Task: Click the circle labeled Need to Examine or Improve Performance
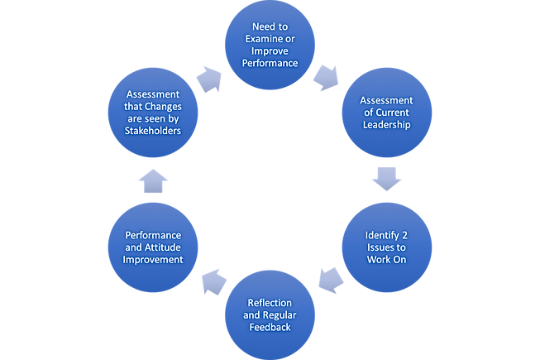tap(270, 45)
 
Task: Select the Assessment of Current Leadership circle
tap(387, 113)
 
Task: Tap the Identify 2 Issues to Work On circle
tap(387, 247)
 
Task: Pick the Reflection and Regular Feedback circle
tap(270, 314)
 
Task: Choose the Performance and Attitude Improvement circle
tap(153, 247)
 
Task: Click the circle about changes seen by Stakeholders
tap(153, 113)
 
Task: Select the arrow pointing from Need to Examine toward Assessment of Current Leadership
tap(326, 78)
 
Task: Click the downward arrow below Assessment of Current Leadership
tap(387, 179)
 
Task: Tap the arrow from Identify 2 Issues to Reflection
tap(331, 280)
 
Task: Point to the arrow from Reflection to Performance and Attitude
tap(214, 282)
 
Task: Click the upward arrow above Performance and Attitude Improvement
tap(153, 181)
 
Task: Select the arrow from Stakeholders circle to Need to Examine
tap(209, 79)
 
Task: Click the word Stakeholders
tap(152, 131)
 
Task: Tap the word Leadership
tap(387, 125)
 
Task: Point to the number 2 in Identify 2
tap(404, 235)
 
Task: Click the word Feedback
tap(270, 327)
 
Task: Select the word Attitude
tap(163, 247)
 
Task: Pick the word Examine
tap(261, 39)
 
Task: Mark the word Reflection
tap(270, 303)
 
